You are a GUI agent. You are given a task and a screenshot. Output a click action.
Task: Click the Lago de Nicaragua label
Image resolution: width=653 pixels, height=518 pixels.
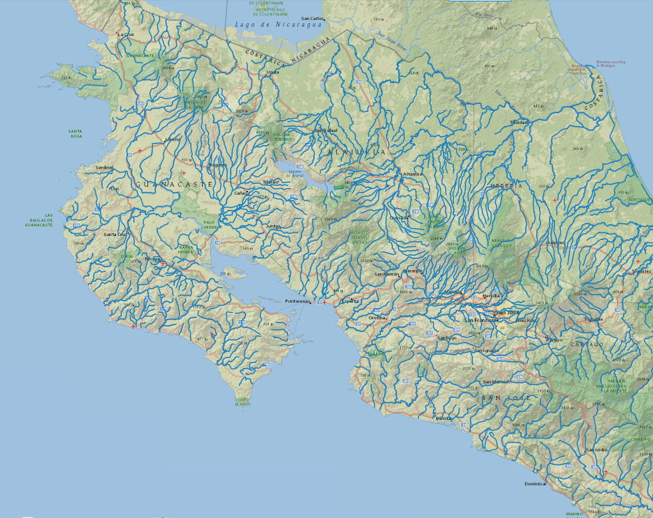(278, 25)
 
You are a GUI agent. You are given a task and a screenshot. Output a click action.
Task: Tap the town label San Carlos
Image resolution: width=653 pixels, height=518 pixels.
(312, 19)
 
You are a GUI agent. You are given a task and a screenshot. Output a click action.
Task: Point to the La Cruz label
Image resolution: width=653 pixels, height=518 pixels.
(125, 33)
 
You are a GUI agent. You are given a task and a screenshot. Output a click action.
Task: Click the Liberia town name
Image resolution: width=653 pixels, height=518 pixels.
(172, 139)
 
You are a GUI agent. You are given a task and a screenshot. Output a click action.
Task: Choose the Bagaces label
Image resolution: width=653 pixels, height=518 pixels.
(217, 165)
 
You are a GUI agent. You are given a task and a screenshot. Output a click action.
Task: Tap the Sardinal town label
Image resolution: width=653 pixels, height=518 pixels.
(105, 167)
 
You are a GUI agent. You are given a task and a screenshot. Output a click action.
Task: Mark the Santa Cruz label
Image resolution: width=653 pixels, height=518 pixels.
(115, 234)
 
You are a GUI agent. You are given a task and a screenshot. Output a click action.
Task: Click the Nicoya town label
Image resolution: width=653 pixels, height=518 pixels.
(153, 259)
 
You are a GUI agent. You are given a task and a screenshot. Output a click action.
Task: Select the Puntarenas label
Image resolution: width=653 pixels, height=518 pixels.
(297, 301)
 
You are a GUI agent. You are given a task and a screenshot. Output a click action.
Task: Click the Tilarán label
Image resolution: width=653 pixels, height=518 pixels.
(271, 181)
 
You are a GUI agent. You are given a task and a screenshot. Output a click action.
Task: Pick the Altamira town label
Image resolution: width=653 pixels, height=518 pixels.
(413, 174)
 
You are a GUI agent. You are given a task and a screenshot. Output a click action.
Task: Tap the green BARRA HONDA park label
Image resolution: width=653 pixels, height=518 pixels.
(186, 250)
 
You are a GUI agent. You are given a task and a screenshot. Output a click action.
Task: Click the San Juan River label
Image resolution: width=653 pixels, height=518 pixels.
(392, 43)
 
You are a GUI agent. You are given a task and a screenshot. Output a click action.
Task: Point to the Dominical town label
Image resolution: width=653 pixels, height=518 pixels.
(535, 483)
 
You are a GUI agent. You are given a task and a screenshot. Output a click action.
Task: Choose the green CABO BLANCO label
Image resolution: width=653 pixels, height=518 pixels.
(243, 402)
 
